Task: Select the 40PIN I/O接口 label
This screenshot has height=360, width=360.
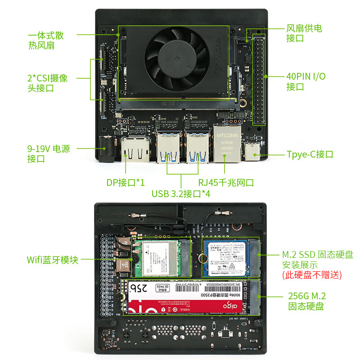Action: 306,81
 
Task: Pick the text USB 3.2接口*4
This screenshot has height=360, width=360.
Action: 181,194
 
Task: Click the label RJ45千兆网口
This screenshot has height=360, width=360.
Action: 226,183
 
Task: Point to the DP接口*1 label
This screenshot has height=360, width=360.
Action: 126,183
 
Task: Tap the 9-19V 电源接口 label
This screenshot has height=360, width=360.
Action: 49,154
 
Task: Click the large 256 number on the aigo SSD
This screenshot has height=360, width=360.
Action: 140,288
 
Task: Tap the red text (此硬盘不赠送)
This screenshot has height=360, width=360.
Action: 312,274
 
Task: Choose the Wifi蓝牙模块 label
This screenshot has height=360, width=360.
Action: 53,260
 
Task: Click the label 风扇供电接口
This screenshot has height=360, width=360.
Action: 304,33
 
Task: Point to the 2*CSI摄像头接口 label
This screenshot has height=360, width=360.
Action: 48,83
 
